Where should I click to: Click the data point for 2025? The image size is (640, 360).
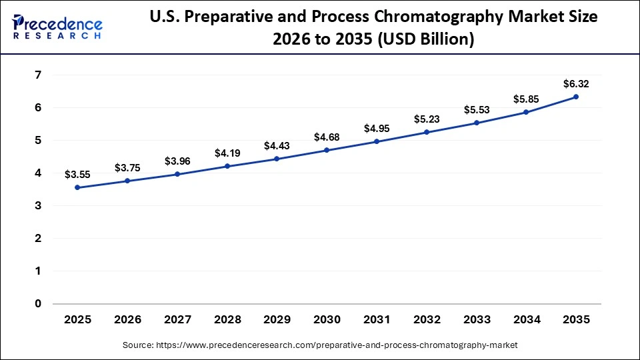pyautogui.click(x=77, y=187)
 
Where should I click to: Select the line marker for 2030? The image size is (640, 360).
pyautogui.click(x=327, y=150)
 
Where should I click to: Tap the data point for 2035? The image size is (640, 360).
pyautogui.click(x=576, y=97)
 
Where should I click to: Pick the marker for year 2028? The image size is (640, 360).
pyautogui.click(x=227, y=166)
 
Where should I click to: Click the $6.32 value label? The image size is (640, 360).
pyautogui.click(x=576, y=83)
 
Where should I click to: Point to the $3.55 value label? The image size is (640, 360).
pyautogui.click(x=77, y=175)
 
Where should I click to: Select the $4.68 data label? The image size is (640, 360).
pyautogui.click(x=327, y=137)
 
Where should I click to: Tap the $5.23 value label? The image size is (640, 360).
pyautogui.click(x=426, y=119)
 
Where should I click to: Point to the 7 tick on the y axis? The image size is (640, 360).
pyautogui.click(x=37, y=75)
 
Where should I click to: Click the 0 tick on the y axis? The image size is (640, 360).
pyautogui.click(x=37, y=303)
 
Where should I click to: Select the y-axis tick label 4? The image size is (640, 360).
pyautogui.click(x=37, y=173)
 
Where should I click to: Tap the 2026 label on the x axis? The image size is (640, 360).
pyautogui.click(x=127, y=320)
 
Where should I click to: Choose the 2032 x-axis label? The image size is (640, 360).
pyautogui.click(x=426, y=320)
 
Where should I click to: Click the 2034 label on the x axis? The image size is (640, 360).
pyautogui.click(x=526, y=320)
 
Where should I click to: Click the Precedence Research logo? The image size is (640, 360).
pyautogui.click(x=57, y=27)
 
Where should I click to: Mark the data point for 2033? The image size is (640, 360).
pyautogui.click(x=476, y=123)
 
